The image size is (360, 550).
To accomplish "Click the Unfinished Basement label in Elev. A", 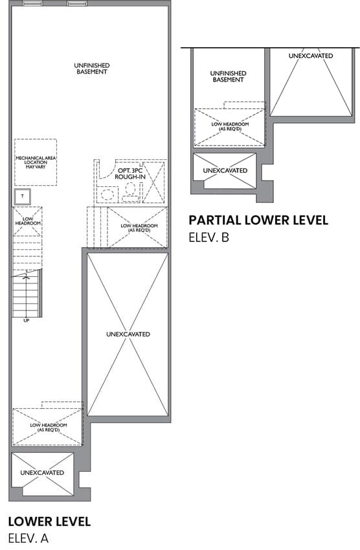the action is (91, 69).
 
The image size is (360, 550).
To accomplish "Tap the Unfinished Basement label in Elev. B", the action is (228, 76).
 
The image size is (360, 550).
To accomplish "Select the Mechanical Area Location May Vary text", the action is (36, 162).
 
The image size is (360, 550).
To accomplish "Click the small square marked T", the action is (23, 197).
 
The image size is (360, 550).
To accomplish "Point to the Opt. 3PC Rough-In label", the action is (130, 173).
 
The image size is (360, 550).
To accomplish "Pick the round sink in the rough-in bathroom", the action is (106, 194).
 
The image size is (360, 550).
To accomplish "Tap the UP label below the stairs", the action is (27, 320).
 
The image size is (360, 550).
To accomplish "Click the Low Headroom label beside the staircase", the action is (28, 221).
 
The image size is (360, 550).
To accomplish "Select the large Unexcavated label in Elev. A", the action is (128, 335).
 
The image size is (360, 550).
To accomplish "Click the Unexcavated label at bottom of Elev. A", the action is (42, 472).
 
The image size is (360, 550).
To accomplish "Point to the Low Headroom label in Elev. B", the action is (230, 126).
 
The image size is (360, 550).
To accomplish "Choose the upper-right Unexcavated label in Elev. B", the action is (311, 56).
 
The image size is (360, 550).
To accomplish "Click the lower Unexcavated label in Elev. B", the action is (225, 170).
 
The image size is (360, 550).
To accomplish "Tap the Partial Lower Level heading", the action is (258, 220).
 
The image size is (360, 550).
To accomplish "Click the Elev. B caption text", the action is (208, 237).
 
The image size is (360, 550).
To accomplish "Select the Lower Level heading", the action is (49, 522).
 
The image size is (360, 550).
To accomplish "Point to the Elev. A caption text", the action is (28, 538).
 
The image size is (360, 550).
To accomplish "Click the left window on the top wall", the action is (32, 3).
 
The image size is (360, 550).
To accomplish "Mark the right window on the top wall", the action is (77, 3).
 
